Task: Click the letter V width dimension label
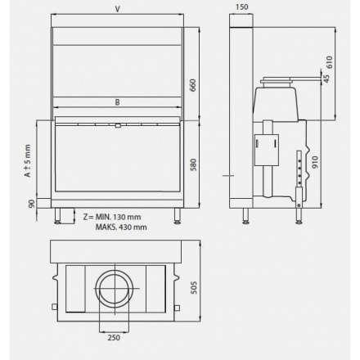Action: [118, 10]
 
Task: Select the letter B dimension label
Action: [118, 102]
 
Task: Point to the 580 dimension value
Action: [194, 164]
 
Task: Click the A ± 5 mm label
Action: [27, 161]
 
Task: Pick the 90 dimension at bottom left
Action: [32, 204]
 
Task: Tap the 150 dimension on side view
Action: [240, 7]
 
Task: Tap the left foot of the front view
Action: [58, 217]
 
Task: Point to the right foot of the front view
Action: [178, 217]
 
